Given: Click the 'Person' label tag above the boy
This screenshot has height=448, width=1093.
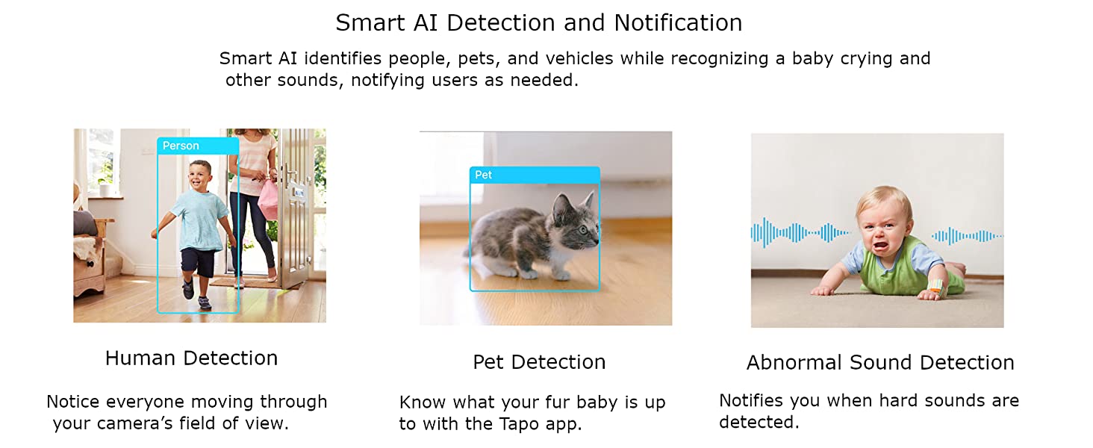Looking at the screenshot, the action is point(198,146).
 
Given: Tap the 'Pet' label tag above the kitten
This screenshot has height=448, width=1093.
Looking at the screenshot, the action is point(535,175).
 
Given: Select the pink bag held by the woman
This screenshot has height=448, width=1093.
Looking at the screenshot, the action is point(268,200).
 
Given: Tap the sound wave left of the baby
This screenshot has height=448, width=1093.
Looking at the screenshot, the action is point(800,233).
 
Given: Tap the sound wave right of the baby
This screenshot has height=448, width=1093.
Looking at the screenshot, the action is point(967,236).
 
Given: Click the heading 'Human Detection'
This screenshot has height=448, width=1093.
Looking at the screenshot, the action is point(191,358).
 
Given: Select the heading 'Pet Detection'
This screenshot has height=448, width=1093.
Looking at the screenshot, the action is point(539,362).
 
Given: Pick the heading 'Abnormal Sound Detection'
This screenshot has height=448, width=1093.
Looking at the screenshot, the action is point(880,363).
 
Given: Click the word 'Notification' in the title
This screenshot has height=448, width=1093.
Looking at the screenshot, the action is point(678,22).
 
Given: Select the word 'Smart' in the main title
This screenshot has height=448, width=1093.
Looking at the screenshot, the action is point(370,22).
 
